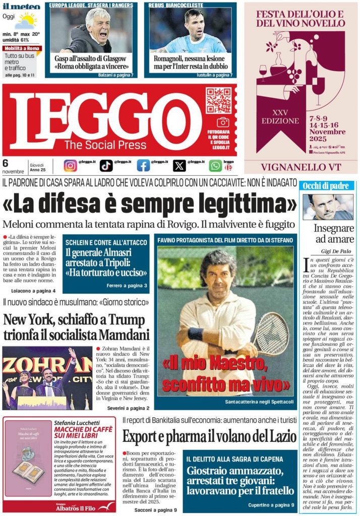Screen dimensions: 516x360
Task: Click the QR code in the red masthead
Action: [x=218, y=100]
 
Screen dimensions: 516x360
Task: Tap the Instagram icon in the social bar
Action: [x=71, y=165]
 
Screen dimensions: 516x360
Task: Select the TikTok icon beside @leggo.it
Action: [x=106, y=165]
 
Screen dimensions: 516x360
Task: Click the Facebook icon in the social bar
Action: [x=143, y=165]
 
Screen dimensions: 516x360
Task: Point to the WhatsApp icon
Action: [x=215, y=165]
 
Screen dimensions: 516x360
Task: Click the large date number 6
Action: [x=6, y=163]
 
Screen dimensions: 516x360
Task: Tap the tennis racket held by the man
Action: [x=272, y=333]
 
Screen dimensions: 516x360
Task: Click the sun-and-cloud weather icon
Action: [x=25, y=21]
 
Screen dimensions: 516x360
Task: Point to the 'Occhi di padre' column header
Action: [x=326, y=186]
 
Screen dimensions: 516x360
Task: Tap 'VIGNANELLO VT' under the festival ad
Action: [x=301, y=166]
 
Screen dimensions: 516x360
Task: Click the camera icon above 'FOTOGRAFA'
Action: [x=223, y=122]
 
